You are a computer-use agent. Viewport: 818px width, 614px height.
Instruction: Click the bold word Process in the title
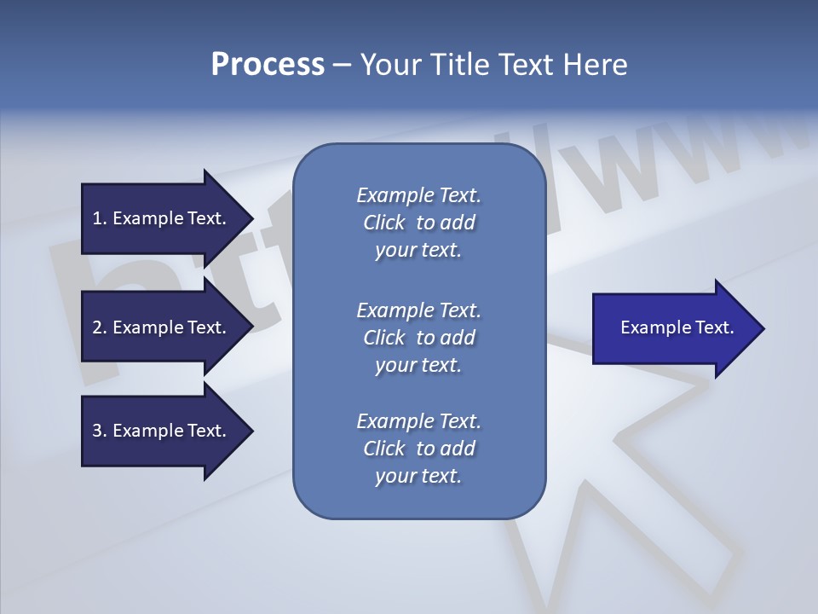point(268,65)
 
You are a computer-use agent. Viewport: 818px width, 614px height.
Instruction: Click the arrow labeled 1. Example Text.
point(160,218)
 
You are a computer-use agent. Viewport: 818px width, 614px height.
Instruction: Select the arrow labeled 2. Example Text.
point(160,327)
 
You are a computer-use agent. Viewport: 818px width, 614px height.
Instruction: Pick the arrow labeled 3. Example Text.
point(160,431)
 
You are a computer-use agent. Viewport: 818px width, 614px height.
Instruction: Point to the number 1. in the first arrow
point(100,218)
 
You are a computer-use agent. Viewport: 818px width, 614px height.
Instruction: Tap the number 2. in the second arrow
point(100,327)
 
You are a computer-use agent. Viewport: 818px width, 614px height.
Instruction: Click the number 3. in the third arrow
point(100,431)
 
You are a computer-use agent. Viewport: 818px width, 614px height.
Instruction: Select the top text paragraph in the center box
point(418,223)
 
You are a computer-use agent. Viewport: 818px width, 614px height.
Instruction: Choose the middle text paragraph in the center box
point(418,338)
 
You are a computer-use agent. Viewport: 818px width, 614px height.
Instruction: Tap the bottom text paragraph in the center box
point(418,449)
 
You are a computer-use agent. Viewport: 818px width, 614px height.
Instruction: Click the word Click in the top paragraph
point(383,223)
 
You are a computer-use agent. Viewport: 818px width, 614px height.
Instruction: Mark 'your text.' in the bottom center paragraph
point(418,477)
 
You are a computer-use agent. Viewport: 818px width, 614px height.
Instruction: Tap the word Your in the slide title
point(390,65)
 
